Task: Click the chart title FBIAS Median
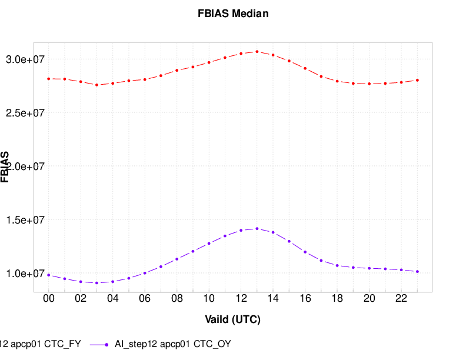click(233, 14)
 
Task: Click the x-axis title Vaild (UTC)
click(232, 320)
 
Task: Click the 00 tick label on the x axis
click(49, 299)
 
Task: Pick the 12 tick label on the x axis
click(241, 299)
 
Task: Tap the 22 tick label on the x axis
click(401, 299)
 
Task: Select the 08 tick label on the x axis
click(177, 299)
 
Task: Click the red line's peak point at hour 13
click(257, 52)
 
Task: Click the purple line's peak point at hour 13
click(257, 229)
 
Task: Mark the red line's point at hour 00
click(49, 78)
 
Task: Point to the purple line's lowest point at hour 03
click(97, 283)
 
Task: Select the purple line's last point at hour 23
click(417, 271)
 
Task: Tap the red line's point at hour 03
click(97, 85)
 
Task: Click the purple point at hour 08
click(177, 259)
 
